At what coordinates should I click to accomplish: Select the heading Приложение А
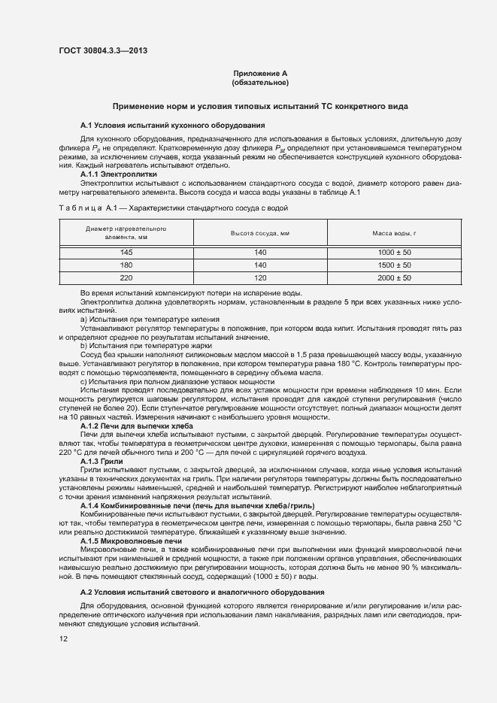pyautogui.click(x=260, y=73)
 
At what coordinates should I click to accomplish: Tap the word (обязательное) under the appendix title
pyautogui.click(x=260, y=82)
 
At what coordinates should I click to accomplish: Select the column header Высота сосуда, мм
pyautogui.click(x=259, y=233)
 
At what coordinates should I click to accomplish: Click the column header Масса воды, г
pyautogui.click(x=394, y=233)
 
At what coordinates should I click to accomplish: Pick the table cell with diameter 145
pyautogui.click(x=126, y=253)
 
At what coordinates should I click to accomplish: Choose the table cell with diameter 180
pyautogui.click(x=126, y=265)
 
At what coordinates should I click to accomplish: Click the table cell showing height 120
pyautogui.click(x=260, y=278)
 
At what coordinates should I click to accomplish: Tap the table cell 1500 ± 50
pyautogui.click(x=394, y=265)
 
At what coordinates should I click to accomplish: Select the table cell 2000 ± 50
pyautogui.click(x=394, y=278)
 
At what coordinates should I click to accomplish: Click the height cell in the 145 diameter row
pyautogui.click(x=260, y=253)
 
